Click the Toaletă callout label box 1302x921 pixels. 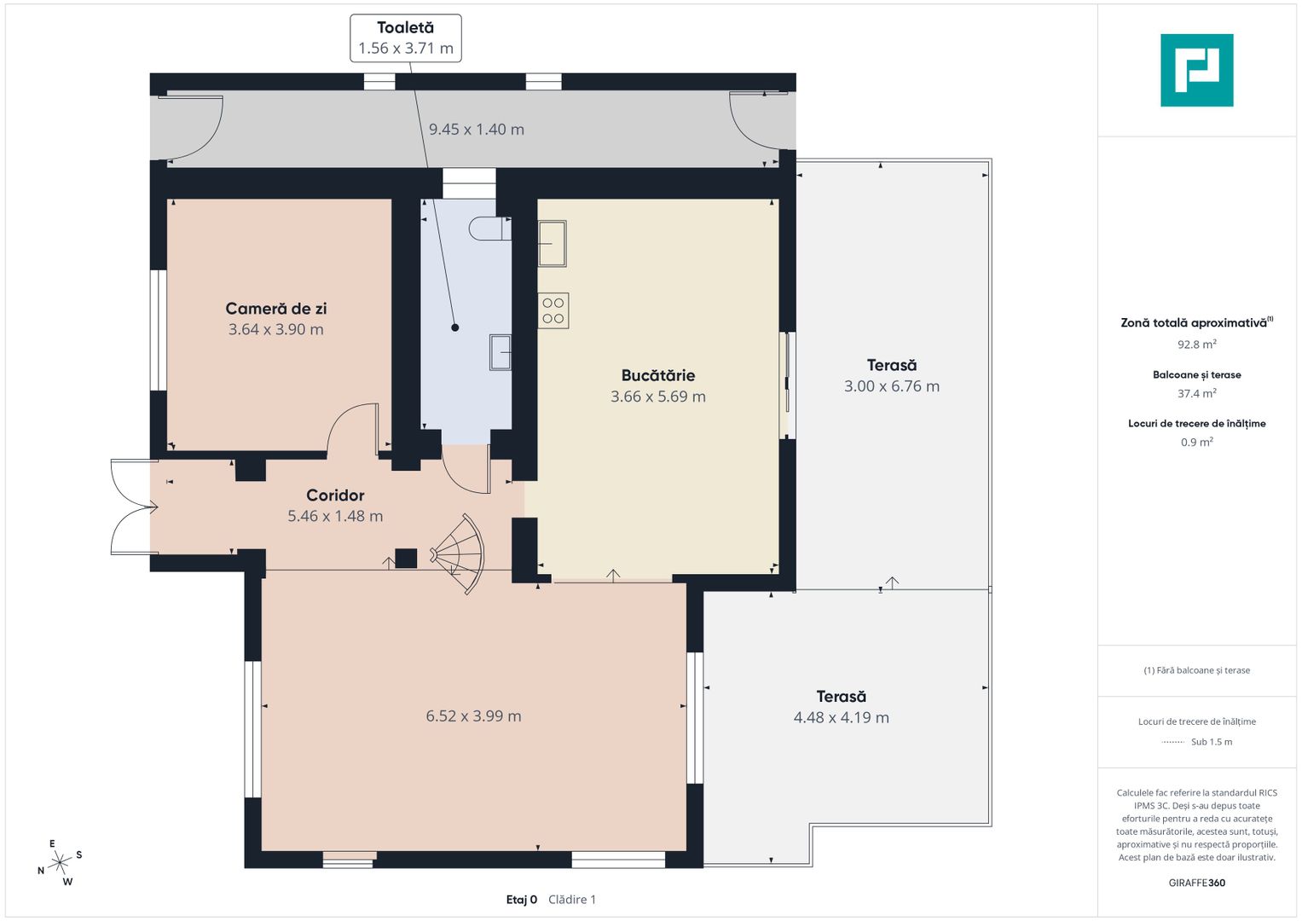pyautogui.click(x=406, y=38)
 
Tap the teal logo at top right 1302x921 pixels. pyautogui.click(x=1197, y=70)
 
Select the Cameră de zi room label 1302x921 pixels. pyautogui.click(x=276, y=308)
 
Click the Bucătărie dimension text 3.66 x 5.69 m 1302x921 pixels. pyautogui.click(x=658, y=397)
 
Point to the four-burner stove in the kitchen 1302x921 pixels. pyautogui.click(x=553, y=310)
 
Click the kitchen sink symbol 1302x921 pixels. pyautogui.click(x=552, y=244)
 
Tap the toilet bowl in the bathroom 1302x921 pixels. pyautogui.click(x=490, y=229)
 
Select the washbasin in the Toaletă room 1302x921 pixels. pyautogui.click(x=500, y=352)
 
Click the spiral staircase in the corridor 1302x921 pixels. pyautogui.click(x=460, y=553)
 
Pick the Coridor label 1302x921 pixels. pyautogui.click(x=335, y=495)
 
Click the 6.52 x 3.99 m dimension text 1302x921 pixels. pyautogui.click(x=473, y=715)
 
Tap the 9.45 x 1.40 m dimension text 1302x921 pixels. pyautogui.click(x=477, y=129)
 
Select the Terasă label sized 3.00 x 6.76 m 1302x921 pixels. pyautogui.click(x=892, y=365)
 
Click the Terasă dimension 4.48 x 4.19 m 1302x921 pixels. pyautogui.click(x=841, y=717)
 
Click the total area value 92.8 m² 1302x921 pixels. pyautogui.click(x=1197, y=345)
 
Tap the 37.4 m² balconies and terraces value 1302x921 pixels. pyautogui.click(x=1197, y=393)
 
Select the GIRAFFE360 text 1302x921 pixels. pyautogui.click(x=1197, y=883)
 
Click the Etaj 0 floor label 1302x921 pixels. pyautogui.click(x=521, y=900)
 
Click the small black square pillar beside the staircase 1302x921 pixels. pyautogui.click(x=406, y=559)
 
